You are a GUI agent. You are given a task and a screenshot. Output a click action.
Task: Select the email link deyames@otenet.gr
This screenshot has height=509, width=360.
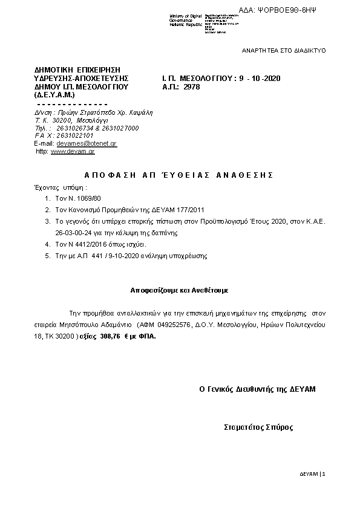coord(87,144)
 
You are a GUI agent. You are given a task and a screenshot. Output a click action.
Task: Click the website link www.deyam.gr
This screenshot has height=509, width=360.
coord(73,152)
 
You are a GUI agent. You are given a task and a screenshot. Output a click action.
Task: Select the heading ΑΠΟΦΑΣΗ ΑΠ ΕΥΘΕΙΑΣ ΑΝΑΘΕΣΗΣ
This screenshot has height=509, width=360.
coord(179,174)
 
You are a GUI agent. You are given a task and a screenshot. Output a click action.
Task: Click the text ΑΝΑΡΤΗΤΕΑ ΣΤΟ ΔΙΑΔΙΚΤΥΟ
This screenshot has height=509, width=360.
coord(284,50)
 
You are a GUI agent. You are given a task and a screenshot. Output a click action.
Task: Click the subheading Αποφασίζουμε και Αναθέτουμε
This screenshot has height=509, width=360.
coord(180,290)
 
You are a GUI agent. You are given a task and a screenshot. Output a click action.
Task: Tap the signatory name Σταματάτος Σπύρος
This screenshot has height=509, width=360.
coord(258,427)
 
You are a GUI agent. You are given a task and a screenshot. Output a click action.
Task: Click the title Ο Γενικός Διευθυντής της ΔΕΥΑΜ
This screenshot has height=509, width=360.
coord(258,389)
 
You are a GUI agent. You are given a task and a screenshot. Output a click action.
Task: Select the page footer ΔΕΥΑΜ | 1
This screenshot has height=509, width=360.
coord(313,473)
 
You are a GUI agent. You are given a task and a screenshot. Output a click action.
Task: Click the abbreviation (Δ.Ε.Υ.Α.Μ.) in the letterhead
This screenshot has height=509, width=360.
coord(54,95)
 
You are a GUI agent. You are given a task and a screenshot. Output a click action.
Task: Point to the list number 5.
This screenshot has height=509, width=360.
coord(48,256)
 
